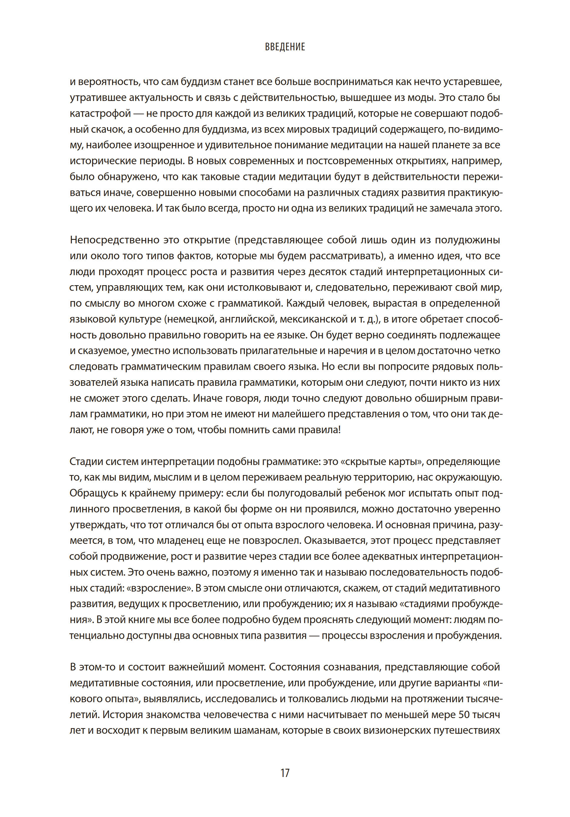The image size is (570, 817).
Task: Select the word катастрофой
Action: click(100, 114)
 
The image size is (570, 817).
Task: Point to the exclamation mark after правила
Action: click(339, 430)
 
